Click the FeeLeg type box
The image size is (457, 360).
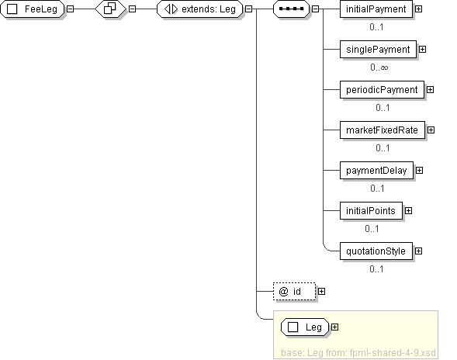click(33, 9)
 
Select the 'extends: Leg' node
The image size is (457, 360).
click(200, 9)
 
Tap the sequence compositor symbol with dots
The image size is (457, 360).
click(291, 9)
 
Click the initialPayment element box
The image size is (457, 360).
click(376, 9)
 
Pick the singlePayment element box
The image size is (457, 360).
click(378, 49)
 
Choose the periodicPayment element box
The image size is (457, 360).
click(382, 89)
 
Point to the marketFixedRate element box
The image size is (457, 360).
click(382, 130)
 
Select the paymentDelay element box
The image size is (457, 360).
click(376, 170)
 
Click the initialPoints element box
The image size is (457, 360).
click(371, 210)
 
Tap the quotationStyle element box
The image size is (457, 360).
click(376, 251)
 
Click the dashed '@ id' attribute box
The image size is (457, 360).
click(294, 291)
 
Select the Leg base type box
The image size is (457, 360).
click(305, 327)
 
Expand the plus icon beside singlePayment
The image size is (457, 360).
click(422, 49)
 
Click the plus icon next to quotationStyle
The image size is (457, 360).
click(418, 251)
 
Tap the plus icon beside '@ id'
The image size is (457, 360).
click(321, 291)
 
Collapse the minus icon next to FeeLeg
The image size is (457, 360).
click(71, 9)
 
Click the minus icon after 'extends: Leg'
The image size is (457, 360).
click(248, 9)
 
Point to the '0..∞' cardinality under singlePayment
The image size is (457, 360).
click(379, 67)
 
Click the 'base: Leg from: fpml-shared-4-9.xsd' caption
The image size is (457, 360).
click(358, 353)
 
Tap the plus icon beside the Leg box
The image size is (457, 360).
click(335, 327)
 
